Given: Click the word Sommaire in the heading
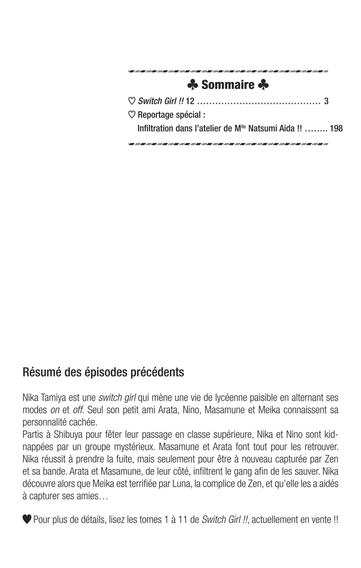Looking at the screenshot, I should tap(228, 85).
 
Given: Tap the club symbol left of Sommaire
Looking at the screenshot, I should tap(192, 85).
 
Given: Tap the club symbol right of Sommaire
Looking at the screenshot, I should tap(263, 85).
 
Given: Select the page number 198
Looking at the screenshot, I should tap(336, 129).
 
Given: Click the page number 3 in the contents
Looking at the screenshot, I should tap(326, 101).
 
